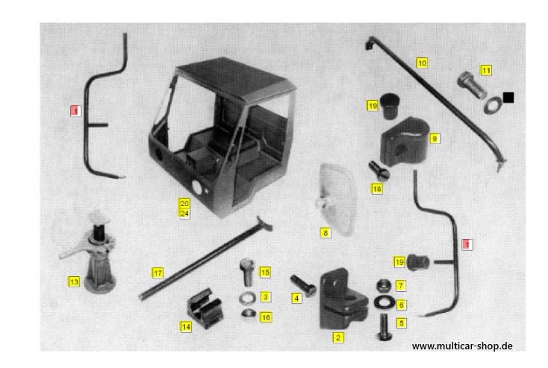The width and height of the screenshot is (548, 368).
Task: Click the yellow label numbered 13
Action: click(74, 281)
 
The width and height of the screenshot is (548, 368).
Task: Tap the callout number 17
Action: click(158, 273)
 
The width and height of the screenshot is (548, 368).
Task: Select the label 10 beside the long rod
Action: click(422, 63)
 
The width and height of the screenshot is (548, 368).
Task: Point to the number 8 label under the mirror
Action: click(326, 233)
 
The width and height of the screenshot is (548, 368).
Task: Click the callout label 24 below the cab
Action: click(184, 213)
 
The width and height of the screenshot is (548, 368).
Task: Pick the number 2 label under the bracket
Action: click(337, 337)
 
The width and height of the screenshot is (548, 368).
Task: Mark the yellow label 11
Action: click(486, 71)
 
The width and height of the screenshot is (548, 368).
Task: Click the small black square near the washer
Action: click(508, 98)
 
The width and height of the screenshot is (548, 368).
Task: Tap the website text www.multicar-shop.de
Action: click(462, 346)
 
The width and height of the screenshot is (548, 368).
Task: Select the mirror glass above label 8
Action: click(335, 199)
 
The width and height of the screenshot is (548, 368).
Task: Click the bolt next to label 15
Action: click(247, 272)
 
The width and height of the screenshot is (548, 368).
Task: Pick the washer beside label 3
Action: click(247, 299)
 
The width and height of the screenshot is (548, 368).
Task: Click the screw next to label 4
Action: click(303, 285)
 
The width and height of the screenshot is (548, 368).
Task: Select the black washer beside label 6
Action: click(384, 302)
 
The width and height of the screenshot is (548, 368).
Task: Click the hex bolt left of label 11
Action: click(472, 84)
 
